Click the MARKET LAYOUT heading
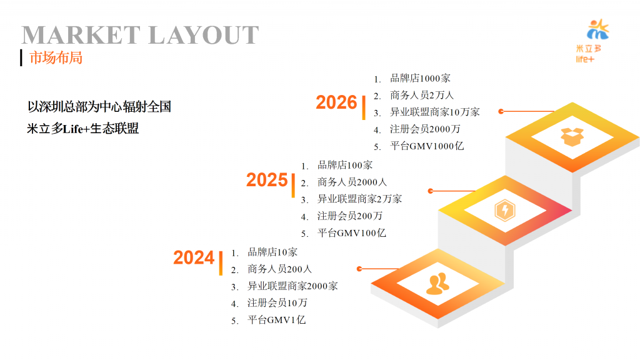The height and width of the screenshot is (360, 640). click(x=140, y=35)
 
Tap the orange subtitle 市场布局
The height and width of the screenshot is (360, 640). click(x=56, y=57)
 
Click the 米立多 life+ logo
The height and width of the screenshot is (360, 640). click(x=591, y=41)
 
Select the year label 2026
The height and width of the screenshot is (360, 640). click(x=336, y=102)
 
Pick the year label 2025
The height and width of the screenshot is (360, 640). click(x=267, y=180)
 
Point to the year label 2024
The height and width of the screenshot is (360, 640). click(x=194, y=257)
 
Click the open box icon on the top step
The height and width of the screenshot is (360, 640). click(x=572, y=137)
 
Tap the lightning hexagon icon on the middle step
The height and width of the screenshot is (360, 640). click(x=505, y=210)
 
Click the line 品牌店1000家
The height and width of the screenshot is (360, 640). click(x=420, y=78)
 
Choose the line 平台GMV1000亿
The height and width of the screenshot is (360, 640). click(x=426, y=146)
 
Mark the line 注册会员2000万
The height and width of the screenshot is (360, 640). click(x=425, y=129)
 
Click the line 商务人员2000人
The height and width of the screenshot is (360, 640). click(x=352, y=182)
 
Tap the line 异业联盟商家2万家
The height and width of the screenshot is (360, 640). click(x=359, y=199)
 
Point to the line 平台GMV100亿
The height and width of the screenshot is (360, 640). click(x=351, y=232)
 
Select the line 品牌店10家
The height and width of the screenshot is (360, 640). click(x=272, y=252)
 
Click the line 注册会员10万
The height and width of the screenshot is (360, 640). click(x=277, y=302)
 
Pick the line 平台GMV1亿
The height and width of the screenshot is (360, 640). click(x=276, y=319)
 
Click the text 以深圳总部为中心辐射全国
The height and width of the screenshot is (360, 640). click(x=99, y=106)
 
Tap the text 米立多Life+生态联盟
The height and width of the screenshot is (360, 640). click(x=83, y=129)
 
